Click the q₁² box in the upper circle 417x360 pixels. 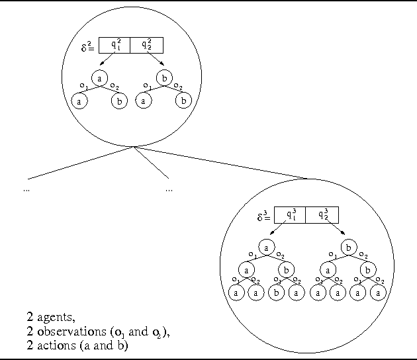tap(115, 45)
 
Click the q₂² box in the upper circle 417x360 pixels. tap(146, 45)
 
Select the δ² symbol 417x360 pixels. tap(86, 48)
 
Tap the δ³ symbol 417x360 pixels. tap(263, 216)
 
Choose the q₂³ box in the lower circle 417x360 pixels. tap(322, 215)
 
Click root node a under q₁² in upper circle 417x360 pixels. tap(99, 77)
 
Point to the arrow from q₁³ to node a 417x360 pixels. tap(278, 231)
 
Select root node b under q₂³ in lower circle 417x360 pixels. tap(351, 247)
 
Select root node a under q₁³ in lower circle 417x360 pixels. tap(266, 247)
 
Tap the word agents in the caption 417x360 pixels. tap(54, 317)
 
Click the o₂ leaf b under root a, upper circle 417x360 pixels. tap(119, 101)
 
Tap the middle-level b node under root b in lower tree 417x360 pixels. tap(369, 270)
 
